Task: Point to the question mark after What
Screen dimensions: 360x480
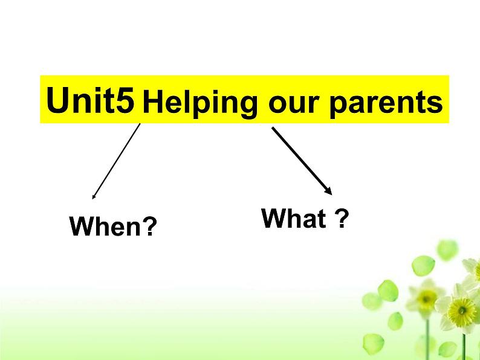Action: click(342, 219)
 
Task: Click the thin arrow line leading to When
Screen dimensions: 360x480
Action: click(117, 159)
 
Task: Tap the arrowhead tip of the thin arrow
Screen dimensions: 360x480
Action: click(92, 198)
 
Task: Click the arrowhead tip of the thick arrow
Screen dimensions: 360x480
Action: click(331, 193)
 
